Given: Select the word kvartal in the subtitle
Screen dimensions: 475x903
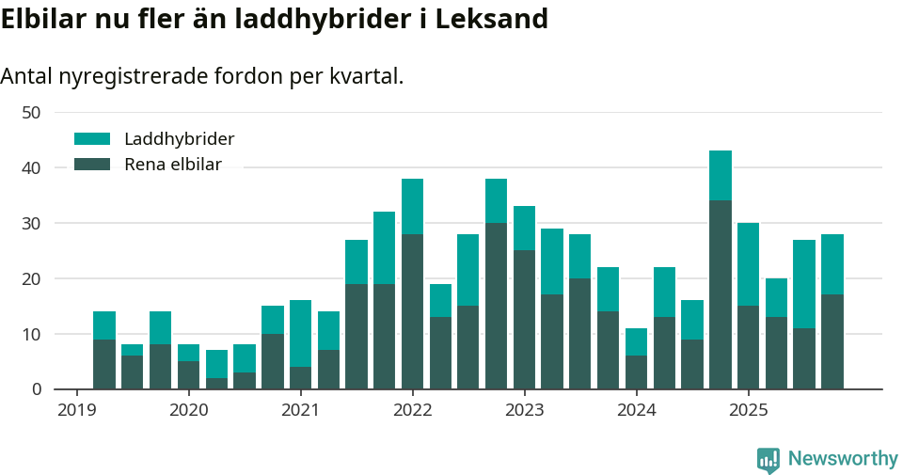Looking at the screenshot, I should (362, 76).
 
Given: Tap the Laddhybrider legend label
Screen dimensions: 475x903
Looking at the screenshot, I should (179, 139).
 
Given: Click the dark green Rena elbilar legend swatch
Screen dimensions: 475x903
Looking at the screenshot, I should (92, 165).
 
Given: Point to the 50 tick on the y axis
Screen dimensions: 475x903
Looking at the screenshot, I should (31, 112).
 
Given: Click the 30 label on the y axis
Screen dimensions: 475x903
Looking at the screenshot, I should (31, 223).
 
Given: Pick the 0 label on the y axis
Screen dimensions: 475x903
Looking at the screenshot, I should (36, 388).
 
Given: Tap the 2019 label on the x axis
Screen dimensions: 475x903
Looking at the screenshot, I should (76, 410).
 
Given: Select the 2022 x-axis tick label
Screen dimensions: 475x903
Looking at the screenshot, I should (412, 410).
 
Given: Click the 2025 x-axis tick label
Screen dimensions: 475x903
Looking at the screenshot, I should (748, 410).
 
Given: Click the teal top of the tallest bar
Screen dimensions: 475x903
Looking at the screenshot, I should (721, 175).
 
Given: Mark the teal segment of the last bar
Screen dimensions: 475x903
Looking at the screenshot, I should (832, 264).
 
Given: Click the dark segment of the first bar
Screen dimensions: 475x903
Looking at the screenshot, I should (104, 364).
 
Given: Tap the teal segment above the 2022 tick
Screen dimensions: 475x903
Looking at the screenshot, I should (412, 206).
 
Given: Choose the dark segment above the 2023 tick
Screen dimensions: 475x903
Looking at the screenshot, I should (524, 320).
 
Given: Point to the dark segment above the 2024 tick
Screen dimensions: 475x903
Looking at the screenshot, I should (636, 372).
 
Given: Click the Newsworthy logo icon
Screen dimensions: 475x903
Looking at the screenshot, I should (768, 459).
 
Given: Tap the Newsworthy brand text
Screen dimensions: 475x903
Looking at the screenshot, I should (843, 459).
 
